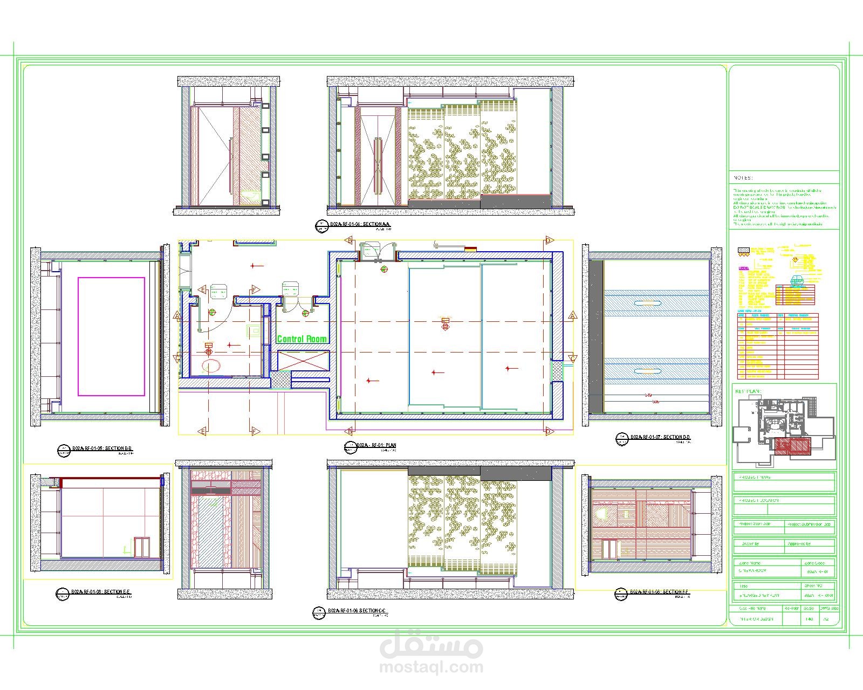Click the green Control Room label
(302, 339)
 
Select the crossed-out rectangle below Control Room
(303, 361)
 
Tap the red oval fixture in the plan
(210, 366)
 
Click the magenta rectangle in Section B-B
(111, 336)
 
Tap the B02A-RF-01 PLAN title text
(376, 446)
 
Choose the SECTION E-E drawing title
(100, 592)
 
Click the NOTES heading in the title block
(743, 178)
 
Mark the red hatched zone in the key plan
(792, 445)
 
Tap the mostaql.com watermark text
(431, 667)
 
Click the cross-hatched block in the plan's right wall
(557, 371)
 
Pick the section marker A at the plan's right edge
(573, 315)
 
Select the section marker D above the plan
(549, 240)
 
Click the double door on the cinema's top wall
(378, 252)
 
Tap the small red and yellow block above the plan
(470, 249)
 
